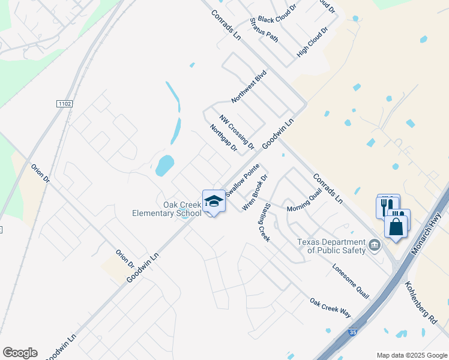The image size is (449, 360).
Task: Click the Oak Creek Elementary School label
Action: (167, 209)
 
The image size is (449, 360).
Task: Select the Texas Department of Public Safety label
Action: (332, 246)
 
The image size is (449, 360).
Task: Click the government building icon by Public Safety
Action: (374, 244)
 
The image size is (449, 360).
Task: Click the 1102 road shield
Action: (65, 104)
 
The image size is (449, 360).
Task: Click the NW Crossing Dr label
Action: (237, 133)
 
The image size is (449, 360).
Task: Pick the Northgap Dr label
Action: (224, 138)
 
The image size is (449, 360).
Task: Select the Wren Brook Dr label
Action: (255, 193)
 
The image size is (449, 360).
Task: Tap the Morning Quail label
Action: (304, 203)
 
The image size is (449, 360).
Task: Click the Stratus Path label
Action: (264, 30)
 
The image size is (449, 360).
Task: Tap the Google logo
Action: (20, 353)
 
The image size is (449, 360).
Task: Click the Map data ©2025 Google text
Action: (412, 355)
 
